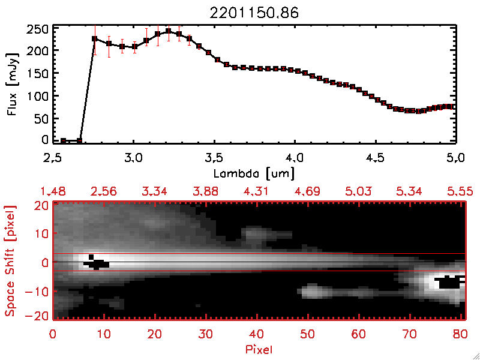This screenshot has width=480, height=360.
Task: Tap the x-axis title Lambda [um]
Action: (254, 173)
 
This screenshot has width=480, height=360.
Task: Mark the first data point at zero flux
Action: (64, 140)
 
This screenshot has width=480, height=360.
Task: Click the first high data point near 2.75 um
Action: (94, 39)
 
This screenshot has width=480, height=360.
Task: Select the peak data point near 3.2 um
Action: (169, 31)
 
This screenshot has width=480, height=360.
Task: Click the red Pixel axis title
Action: (259, 348)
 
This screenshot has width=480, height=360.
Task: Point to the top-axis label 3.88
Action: (206, 191)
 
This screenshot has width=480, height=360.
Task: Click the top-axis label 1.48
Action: (52, 191)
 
